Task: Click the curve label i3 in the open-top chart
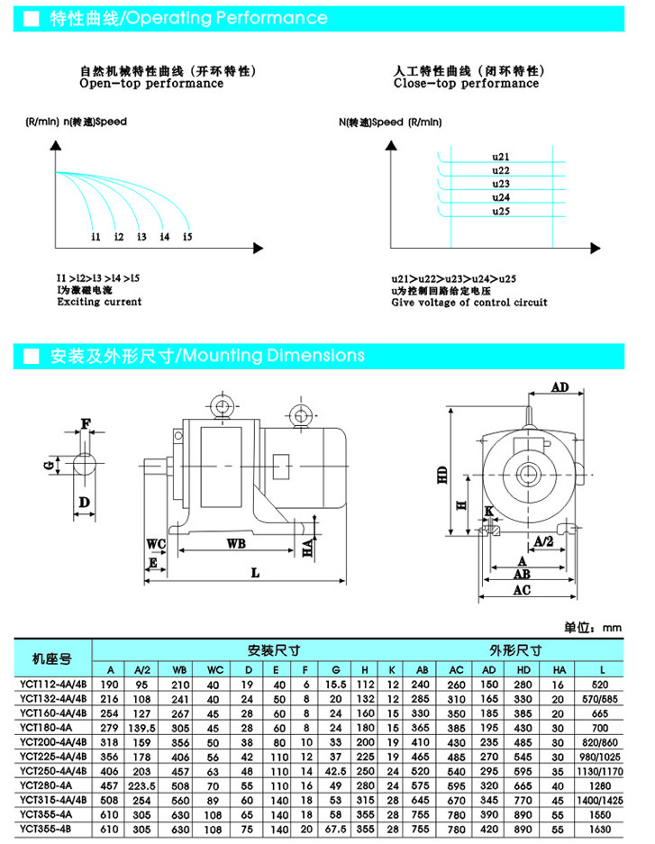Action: (141, 237)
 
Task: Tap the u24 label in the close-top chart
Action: (502, 196)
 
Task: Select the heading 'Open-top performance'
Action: (151, 84)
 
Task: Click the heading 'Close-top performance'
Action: (466, 84)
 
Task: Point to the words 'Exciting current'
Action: (99, 303)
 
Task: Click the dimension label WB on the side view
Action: (236, 544)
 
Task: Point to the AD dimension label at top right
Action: (560, 387)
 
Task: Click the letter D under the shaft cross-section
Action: (84, 501)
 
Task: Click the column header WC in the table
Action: (213, 670)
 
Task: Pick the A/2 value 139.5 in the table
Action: (142, 727)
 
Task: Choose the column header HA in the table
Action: (559, 670)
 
